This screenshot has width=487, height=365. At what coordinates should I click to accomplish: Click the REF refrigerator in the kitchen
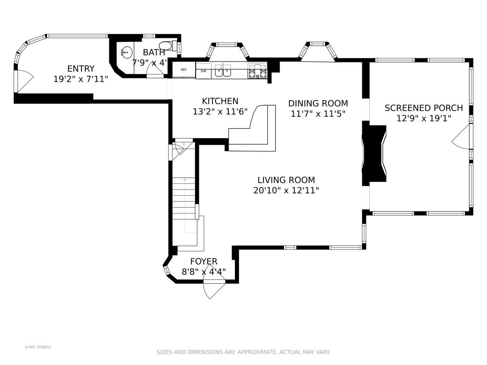(x=184, y=70)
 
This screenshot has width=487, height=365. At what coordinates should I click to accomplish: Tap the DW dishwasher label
(x=204, y=71)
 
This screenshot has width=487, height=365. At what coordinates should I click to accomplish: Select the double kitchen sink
(x=223, y=70)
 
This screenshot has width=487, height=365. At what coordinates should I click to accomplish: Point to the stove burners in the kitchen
(x=258, y=71)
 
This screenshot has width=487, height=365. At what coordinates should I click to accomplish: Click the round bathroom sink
(x=127, y=52)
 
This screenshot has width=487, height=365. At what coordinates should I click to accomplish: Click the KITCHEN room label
(x=220, y=101)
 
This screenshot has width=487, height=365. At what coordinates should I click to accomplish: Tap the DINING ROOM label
(x=318, y=103)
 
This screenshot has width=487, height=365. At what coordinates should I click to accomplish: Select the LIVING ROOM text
(x=286, y=180)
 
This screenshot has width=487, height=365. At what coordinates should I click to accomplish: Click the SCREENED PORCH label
(x=424, y=108)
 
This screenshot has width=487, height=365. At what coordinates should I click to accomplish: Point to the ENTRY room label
(x=81, y=69)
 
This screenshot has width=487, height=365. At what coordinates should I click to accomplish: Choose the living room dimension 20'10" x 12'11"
(x=286, y=190)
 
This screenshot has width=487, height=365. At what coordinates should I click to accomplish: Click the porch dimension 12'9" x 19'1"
(x=424, y=119)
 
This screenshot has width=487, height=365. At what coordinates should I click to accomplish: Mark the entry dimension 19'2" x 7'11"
(x=81, y=79)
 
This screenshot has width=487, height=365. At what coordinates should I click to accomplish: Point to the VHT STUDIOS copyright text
(x=38, y=347)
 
